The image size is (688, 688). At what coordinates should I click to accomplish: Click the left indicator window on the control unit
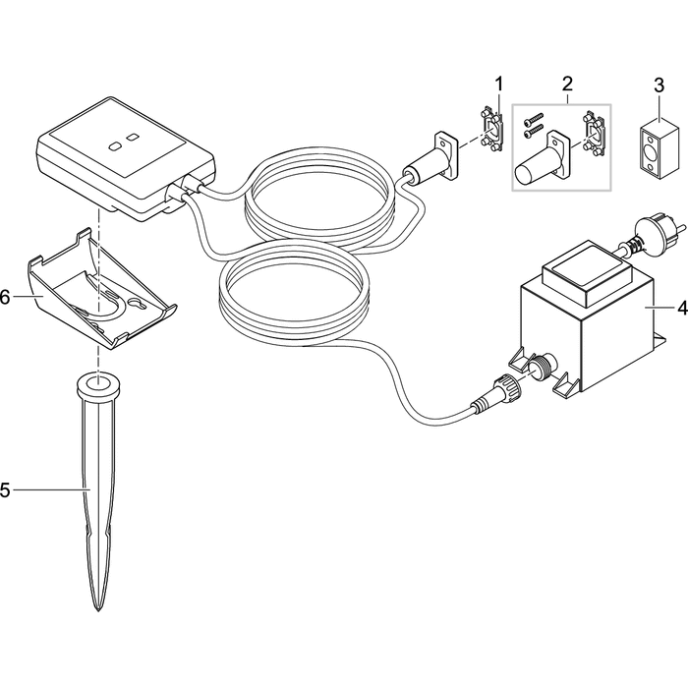point(116,143)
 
